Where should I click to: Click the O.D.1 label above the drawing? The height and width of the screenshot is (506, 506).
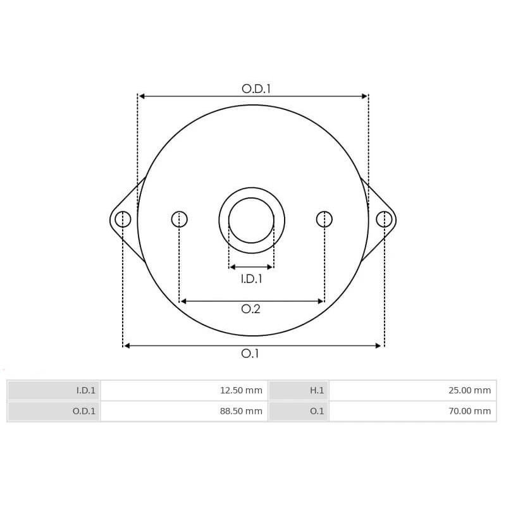click(256, 89)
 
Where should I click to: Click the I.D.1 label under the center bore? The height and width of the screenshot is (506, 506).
click(251, 278)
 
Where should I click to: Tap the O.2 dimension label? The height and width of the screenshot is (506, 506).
click(251, 309)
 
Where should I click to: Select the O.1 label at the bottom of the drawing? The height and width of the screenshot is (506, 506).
click(250, 354)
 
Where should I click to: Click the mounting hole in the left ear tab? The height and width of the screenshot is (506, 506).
click(123, 219)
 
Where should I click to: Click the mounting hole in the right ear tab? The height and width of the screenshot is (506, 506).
click(384, 219)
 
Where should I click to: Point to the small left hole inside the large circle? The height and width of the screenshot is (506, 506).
click(180, 219)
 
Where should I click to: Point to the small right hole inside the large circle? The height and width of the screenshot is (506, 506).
click(324, 219)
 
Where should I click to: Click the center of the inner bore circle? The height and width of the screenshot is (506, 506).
click(251, 220)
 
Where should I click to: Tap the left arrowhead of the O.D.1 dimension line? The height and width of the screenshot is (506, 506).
click(142, 96)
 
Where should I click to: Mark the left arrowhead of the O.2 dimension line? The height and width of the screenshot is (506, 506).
click(183, 301)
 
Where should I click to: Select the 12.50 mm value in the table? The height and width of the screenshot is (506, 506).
click(241, 390)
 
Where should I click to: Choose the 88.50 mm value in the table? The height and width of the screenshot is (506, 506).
click(241, 411)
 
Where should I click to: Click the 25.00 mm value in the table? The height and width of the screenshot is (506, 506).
click(469, 390)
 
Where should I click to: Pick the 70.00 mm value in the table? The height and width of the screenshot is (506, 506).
click(469, 411)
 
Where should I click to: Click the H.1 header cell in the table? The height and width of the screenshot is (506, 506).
click(316, 390)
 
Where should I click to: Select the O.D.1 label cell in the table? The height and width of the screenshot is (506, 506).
click(83, 411)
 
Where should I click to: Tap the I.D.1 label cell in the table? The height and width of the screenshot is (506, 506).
click(85, 390)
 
